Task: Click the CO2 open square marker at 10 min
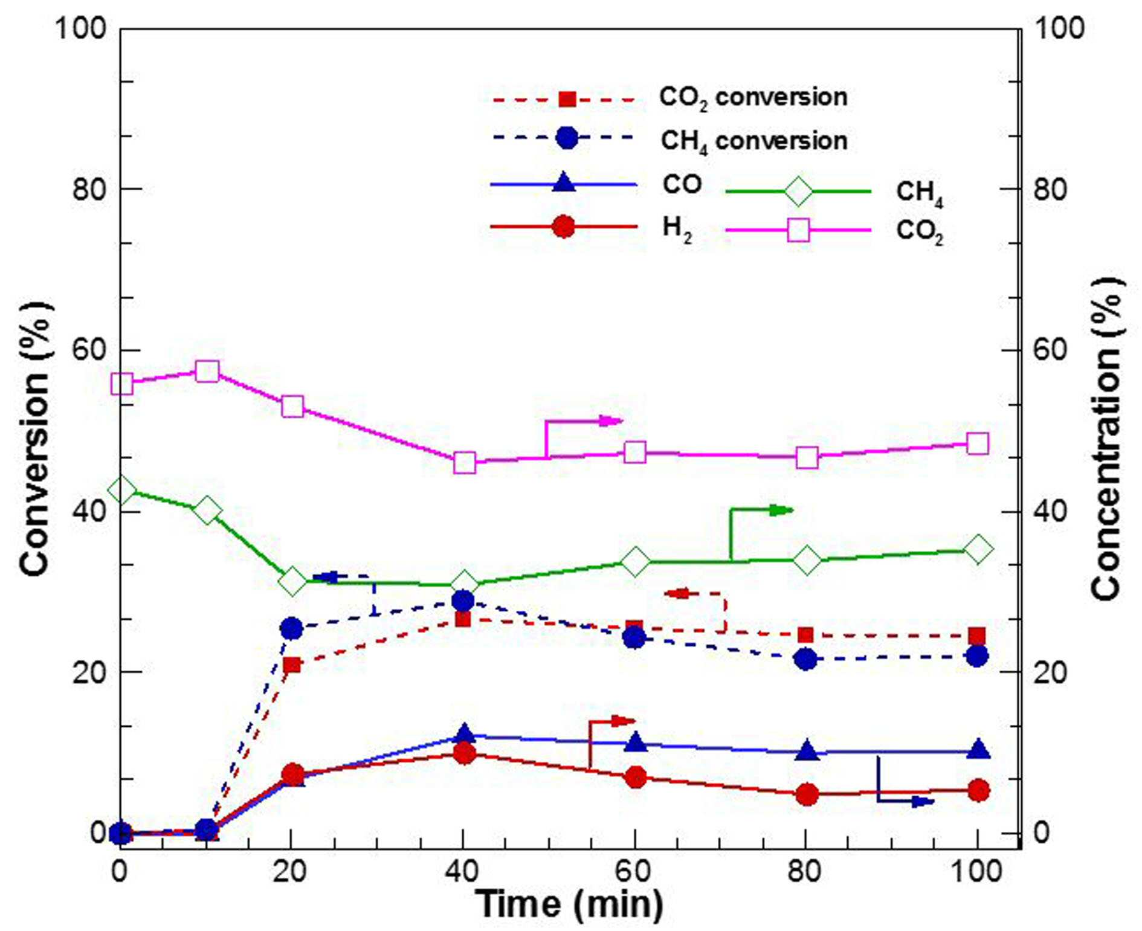click(207, 372)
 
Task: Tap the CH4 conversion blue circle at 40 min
click(463, 602)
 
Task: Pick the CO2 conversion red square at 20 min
click(292, 665)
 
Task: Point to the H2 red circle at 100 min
click(978, 790)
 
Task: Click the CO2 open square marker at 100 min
click(978, 443)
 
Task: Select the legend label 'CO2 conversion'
click(753, 97)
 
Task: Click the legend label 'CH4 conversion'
click(753, 141)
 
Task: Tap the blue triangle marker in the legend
click(564, 182)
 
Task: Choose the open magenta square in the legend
click(799, 230)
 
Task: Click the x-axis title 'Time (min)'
click(570, 904)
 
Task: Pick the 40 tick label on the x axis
click(463, 872)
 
